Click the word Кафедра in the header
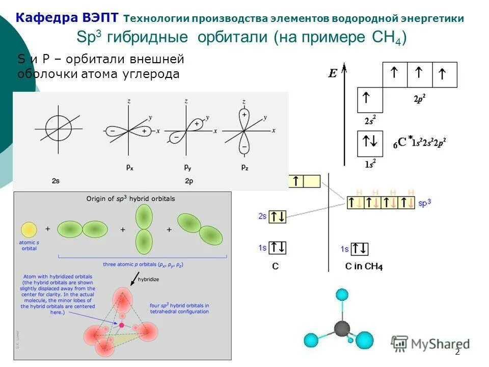click(45, 18)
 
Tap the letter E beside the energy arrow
click(333, 73)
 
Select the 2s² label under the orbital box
click(370, 121)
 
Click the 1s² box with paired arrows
click(370, 144)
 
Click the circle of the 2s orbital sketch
click(59, 125)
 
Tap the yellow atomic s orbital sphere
click(30, 229)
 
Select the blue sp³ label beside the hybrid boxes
click(425, 203)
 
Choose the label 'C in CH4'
click(364, 266)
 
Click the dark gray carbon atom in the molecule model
click(342, 329)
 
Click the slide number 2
click(457, 352)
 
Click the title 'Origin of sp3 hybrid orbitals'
click(123, 198)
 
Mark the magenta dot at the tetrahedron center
click(122, 325)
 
